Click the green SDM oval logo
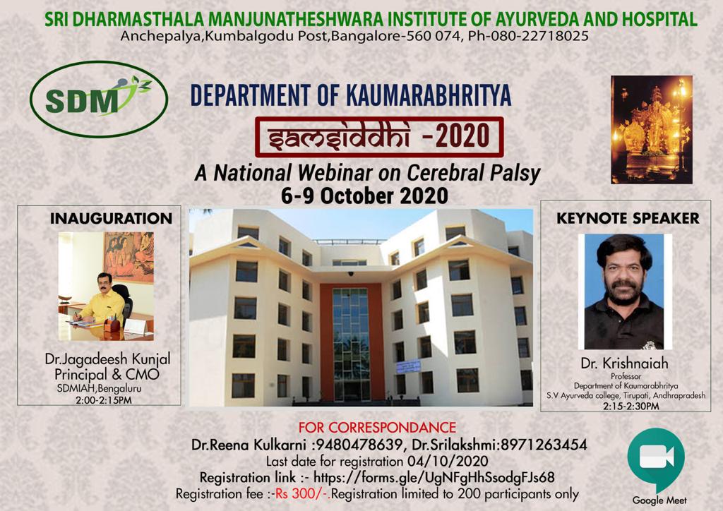point(99,99)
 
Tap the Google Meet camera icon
point(656,459)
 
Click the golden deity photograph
point(652,129)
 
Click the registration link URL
point(434,477)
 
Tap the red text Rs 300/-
point(302,494)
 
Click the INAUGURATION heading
point(111,218)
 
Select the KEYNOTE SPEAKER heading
point(628,218)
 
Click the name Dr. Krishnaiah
point(624,363)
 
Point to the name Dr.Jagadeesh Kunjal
point(107,359)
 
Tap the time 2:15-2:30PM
point(631,407)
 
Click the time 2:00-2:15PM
point(104,400)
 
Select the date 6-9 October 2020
point(364,196)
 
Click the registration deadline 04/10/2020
point(447,461)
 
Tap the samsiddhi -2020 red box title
point(379,137)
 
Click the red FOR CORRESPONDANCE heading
point(377,428)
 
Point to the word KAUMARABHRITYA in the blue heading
point(429,95)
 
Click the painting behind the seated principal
point(129,257)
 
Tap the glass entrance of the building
point(352,343)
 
